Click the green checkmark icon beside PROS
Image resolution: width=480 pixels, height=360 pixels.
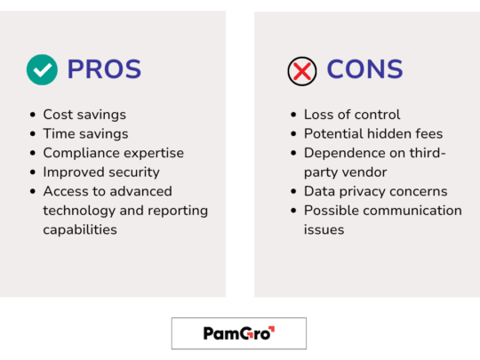tap(42, 69)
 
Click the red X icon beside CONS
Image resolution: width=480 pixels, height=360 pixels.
tap(302, 70)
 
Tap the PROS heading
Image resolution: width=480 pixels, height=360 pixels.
tap(104, 69)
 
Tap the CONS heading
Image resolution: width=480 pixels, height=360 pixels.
tap(364, 69)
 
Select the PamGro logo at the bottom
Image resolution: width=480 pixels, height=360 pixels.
tap(238, 333)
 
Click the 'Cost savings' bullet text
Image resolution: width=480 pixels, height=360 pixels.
tap(84, 114)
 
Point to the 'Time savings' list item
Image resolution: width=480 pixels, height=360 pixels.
tap(85, 133)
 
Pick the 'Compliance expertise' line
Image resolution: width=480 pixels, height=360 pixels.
tap(113, 153)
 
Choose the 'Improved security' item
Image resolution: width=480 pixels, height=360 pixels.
tap(100, 172)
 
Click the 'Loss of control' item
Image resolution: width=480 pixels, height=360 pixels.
tap(352, 114)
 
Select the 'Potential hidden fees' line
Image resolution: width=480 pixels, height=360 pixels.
tap(373, 133)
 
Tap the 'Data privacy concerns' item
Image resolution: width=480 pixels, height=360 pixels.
tap(375, 191)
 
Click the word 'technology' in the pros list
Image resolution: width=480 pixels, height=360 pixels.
tap(78, 210)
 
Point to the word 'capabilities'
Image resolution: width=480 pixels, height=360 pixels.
tap(80, 229)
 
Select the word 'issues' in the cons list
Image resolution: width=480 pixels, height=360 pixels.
tap(324, 229)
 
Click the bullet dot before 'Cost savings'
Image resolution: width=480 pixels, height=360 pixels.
tap(32, 115)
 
